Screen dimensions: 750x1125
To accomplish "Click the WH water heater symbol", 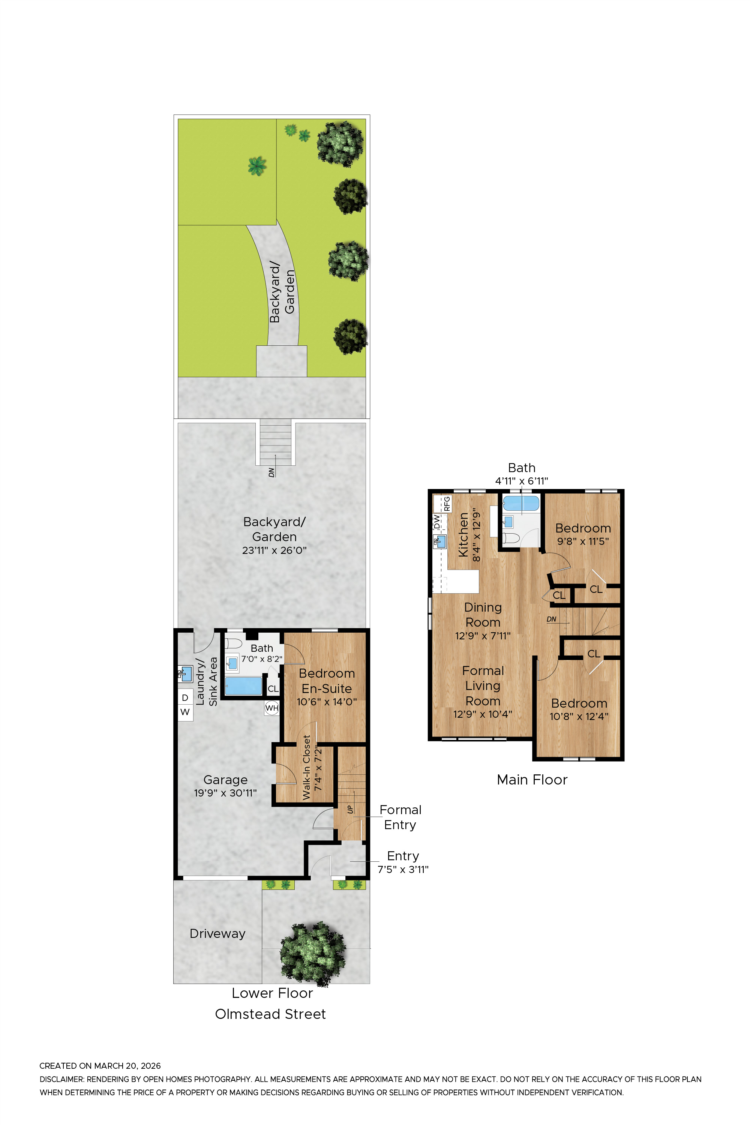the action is (x=271, y=708).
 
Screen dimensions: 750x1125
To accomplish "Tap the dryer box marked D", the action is (x=185, y=697).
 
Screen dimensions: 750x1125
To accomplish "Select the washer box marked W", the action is (x=185, y=712).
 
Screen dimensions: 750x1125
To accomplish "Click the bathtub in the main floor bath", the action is (x=521, y=504).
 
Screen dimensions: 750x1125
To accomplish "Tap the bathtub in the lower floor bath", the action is (x=243, y=686).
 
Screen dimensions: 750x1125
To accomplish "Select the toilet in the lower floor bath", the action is (x=233, y=643).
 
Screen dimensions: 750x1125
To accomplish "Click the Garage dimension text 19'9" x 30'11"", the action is (x=225, y=793).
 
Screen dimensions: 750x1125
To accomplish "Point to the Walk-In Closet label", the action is (x=307, y=767).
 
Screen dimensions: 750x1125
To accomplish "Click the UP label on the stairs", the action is (x=351, y=809).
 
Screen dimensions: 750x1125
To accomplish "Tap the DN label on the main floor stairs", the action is (x=552, y=619).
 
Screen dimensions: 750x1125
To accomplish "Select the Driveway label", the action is (x=217, y=933).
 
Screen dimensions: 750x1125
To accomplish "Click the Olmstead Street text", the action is (x=270, y=1014).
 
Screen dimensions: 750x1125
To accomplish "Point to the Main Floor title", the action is (x=532, y=780).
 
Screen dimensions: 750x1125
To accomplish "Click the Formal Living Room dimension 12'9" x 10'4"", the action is (x=483, y=714).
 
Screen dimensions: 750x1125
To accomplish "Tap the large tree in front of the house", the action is (x=312, y=953).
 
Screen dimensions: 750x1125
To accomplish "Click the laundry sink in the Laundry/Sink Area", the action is (x=185, y=673).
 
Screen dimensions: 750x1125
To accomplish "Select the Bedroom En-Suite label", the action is (x=327, y=681).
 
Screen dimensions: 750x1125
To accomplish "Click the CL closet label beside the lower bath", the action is (x=273, y=689).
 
